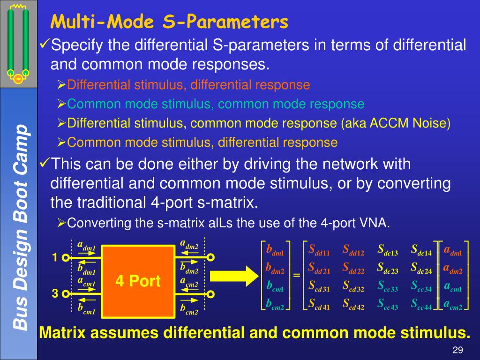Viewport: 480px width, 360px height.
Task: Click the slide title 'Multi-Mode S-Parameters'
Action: pyautogui.click(x=169, y=22)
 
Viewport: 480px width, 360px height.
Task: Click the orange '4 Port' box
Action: pyautogui.click(x=138, y=281)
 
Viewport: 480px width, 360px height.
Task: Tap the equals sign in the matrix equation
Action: pyautogui.click(x=296, y=275)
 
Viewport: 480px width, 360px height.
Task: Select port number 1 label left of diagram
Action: pyautogui.click(x=54, y=257)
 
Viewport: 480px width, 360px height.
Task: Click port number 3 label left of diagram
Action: pyautogui.click(x=54, y=294)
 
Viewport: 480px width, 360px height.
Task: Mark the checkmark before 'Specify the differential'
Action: pyautogui.click(x=44, y=45)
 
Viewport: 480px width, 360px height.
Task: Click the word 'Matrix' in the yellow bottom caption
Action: pyautogui.click(x=63, y=333)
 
